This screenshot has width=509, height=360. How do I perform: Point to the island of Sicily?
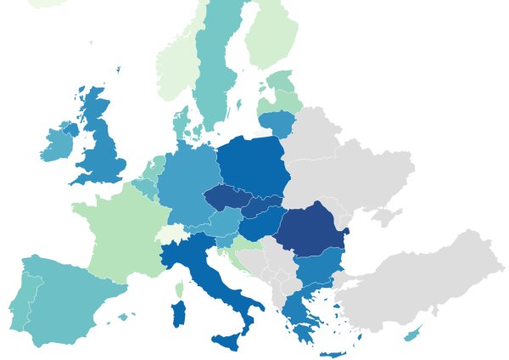click(227, 342)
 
